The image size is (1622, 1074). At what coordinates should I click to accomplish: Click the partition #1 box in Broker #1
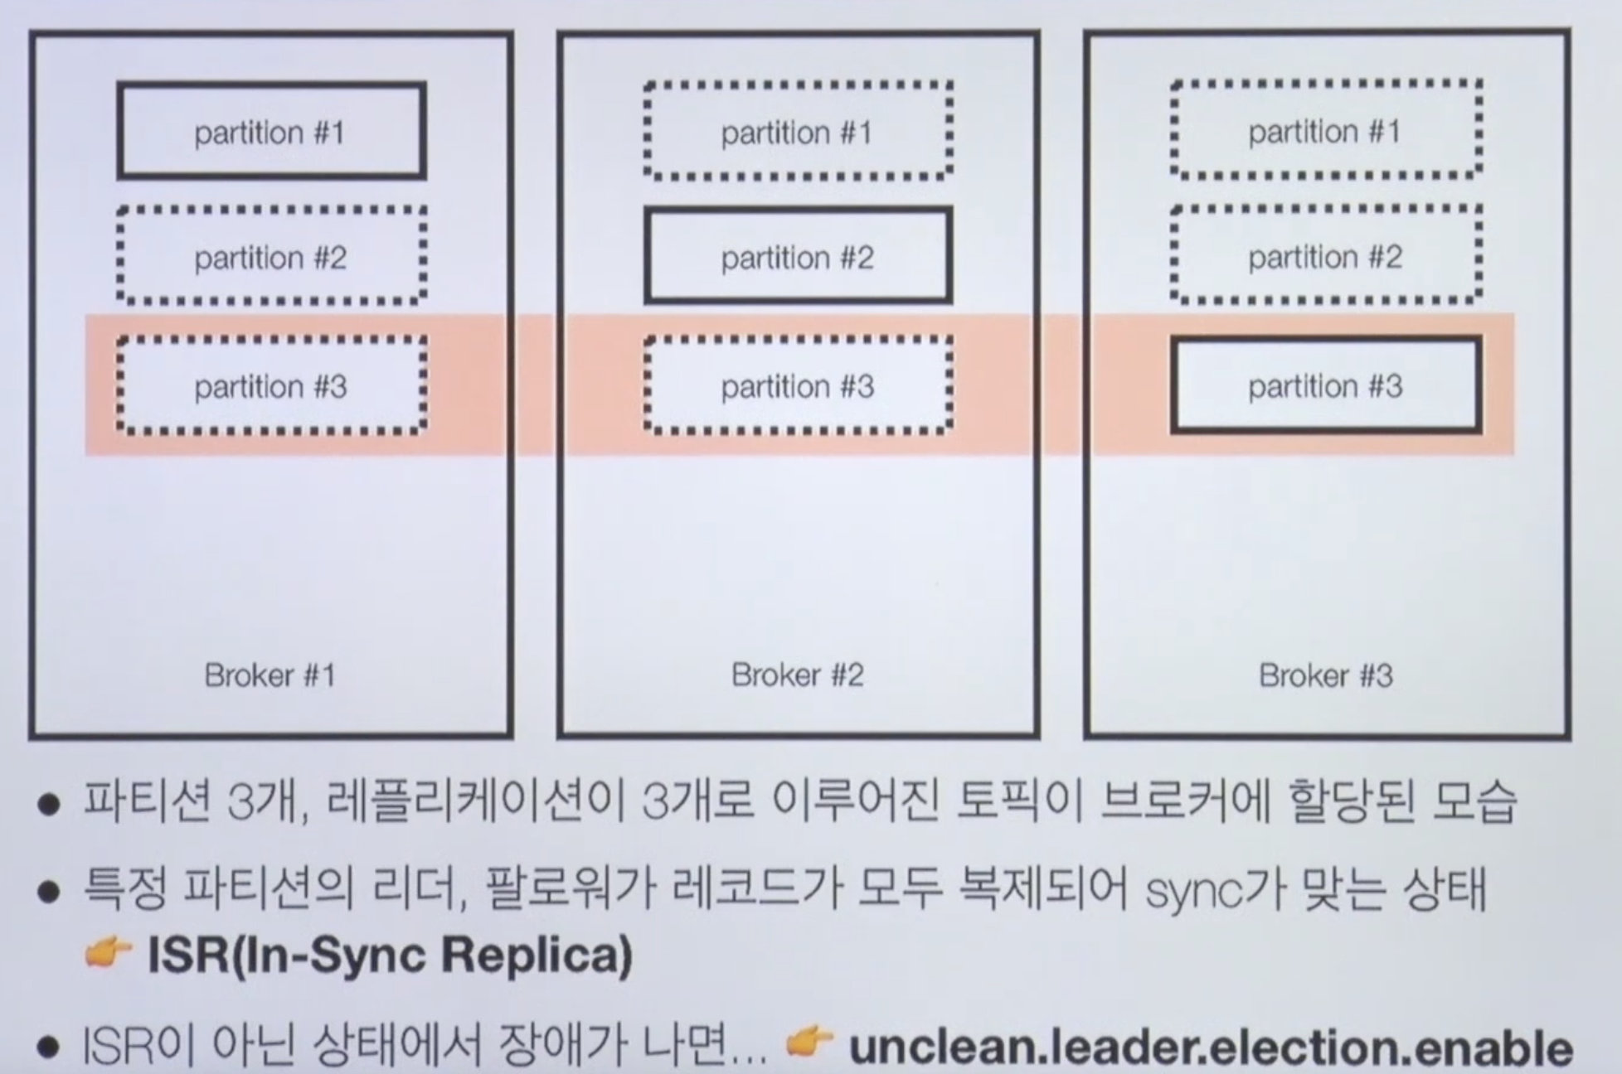tap(271, 131)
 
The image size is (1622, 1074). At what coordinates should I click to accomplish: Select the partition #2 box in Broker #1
tap(271, 257)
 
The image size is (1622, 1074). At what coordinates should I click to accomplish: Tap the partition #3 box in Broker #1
tap(271, 385)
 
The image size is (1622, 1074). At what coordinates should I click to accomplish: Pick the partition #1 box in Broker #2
tap(798, 131)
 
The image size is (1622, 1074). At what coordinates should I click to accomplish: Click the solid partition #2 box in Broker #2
tap(798, 257)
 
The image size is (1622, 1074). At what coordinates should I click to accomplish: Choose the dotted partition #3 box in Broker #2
tap(798, 385)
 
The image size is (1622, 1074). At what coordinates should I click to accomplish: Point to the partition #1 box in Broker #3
tap(1325, 130)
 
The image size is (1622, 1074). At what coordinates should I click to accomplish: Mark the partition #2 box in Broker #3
tap(1325, 256)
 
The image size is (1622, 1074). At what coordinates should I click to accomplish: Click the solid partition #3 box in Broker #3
tap(1325, 385)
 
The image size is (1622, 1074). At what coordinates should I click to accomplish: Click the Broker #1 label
tap(270, 675)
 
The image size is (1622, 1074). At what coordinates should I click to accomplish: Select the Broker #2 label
tap(798, 675)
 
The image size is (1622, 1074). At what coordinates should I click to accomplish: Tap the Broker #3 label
tap(1325, 675)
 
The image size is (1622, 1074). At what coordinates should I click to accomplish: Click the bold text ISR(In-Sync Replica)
tap(390, 955)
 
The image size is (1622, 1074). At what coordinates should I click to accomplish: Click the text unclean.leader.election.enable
tap(1211, 1047)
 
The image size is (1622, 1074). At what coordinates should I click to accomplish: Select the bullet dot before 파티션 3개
tap(50, 804)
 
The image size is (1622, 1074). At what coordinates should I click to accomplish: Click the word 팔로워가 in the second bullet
tap(571, 889)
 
